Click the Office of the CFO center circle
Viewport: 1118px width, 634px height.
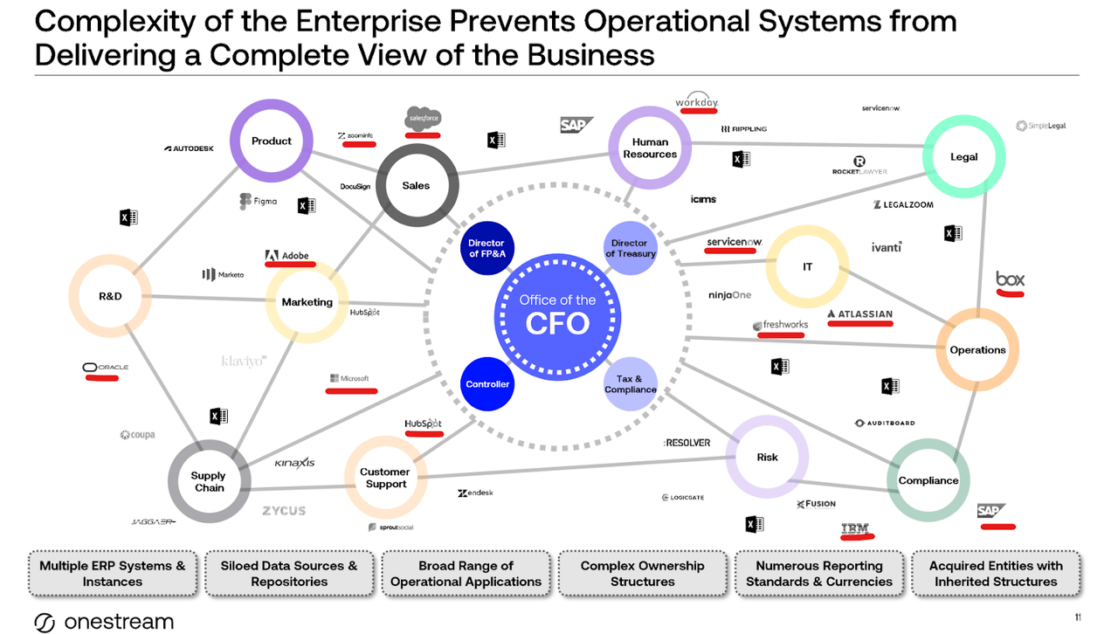(x=557, y=314)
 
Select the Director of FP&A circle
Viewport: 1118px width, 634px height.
(x=487, y=249)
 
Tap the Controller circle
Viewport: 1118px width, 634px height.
(x=487, y=384)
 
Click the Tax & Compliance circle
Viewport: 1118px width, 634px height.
(x=630, y=384)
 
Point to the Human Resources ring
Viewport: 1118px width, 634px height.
(x=650, y=148)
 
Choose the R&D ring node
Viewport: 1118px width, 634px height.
(x=110, y=296)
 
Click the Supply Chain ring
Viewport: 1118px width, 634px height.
(x=209, y=482)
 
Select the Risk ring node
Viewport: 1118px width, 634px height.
(x=767, y=458)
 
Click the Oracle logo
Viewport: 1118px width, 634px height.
(x=106, y=368)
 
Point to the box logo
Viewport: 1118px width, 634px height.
(x=1010, y=279)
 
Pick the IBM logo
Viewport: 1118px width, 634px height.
(x=854, y=528)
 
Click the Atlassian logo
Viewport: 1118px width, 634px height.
(x=859, y=314)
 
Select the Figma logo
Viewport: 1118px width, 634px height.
(x=258, y=202)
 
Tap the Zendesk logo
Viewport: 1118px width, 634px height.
(x=475, y=493)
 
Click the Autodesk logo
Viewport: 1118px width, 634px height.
(x=189, y=148)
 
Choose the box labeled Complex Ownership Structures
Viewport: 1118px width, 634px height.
(x=642, y=574)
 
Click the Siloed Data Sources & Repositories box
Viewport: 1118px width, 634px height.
(x=289, y=574)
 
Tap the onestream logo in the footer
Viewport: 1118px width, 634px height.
(x=104, y=622)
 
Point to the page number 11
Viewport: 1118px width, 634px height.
(x=1078, y=617)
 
